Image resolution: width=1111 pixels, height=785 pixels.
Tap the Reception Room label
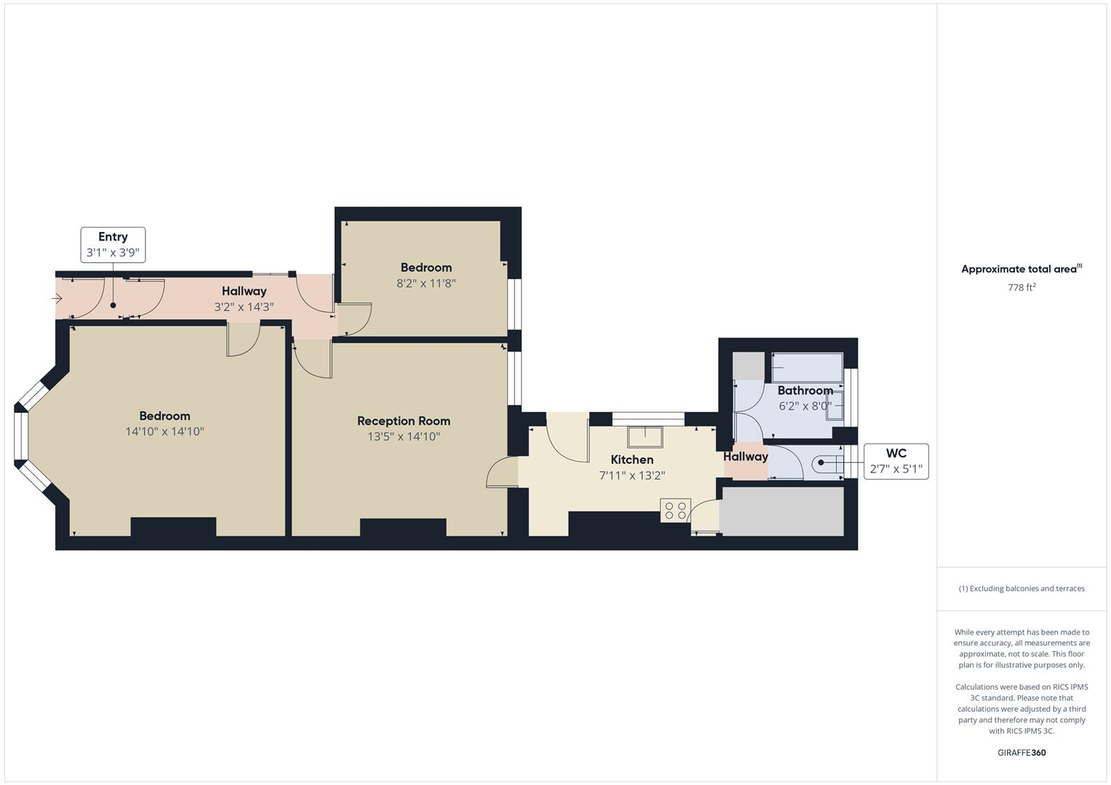[x=404, y=421]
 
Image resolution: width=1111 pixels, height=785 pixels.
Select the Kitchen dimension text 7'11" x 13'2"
[x=632, y=476]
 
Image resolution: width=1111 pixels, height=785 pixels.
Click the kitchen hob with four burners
[x=675, y=510]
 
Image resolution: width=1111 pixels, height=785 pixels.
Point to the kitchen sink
[x=645, y=436]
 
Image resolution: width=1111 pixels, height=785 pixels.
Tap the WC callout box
[x=896, y=462]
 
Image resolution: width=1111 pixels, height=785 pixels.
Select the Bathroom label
[x=805, y=390]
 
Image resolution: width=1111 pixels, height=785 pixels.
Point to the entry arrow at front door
[x=57, y=298]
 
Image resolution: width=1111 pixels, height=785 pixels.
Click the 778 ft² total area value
[x=1022, y=287]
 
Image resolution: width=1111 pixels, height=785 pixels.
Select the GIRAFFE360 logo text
[x=1022, y=753]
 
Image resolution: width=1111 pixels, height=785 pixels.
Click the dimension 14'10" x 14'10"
[x=164, y=432]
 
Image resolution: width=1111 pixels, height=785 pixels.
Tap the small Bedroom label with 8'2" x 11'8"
[x=426, y=267]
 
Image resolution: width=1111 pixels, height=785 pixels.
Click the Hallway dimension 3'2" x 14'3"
[x=244, y=307]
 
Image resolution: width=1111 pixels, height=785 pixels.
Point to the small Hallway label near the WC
[x=746, y=456]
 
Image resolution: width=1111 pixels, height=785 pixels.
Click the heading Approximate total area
[x=1019, y=269]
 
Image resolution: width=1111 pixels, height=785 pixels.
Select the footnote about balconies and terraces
[x=1022, y=589]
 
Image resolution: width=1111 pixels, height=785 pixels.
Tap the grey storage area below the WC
[x=782, y=511]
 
